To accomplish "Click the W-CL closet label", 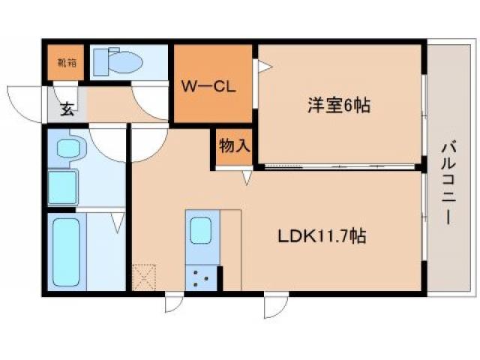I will pos(208,87).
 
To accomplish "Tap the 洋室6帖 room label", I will pos(337,106).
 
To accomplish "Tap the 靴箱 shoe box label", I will pos(66,63).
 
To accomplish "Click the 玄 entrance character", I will pos(67,111).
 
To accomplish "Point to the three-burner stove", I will pos(200,278).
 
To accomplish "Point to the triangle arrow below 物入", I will pos(247,178).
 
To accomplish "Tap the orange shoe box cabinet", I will pos(66,63).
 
